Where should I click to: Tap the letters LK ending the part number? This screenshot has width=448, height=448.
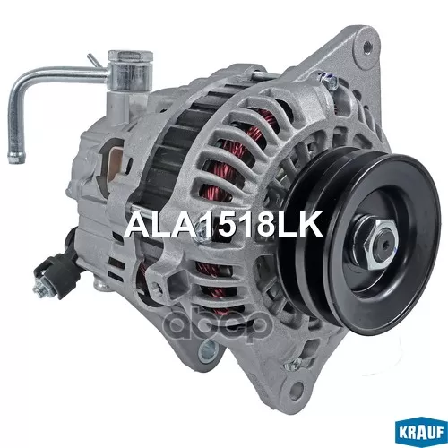pos(299,223)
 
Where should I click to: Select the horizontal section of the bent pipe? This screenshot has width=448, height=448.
pos(67,75)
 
